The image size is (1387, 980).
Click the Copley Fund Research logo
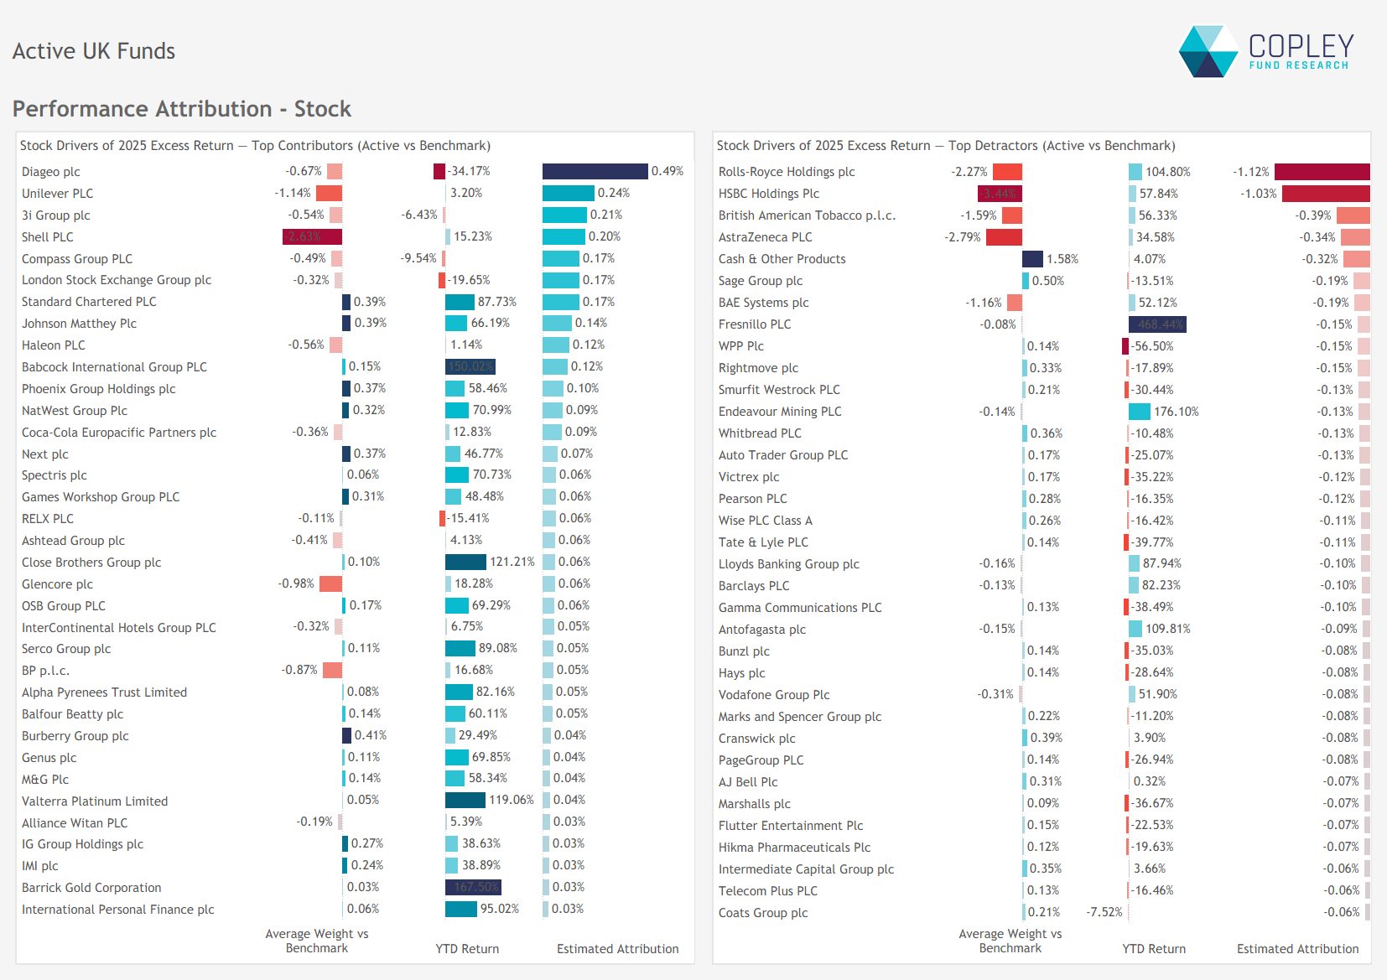tap(1266, 51)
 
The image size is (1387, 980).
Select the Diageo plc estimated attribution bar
tap(595, 171)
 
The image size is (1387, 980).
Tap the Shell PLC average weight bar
tap(312, 237)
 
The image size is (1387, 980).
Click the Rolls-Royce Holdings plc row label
tap(786, 172)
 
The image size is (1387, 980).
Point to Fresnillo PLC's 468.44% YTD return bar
tap(1157, 324)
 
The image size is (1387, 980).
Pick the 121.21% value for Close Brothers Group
tap(512, 562)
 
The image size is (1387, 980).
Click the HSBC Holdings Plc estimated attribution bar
tap(1326, 194)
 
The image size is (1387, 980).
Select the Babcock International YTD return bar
tap(470, 366)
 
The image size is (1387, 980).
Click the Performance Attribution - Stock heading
tap(181, 109)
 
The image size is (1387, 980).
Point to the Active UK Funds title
tap(94, 51)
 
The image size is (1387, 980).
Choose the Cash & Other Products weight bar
tap(1032, 259)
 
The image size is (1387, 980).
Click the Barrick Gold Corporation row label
tap(91, 888)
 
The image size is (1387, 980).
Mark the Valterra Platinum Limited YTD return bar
tap(465, 800)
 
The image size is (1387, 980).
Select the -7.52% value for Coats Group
tap(1104, 912)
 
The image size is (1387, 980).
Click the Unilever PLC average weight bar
tap(329, 194)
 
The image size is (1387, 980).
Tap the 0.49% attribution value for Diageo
tap(667, 171)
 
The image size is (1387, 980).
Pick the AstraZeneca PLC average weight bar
tap(1004, 237)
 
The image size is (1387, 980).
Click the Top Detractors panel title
tap(945, 146)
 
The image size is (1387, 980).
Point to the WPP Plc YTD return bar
tap(1125, 346)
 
